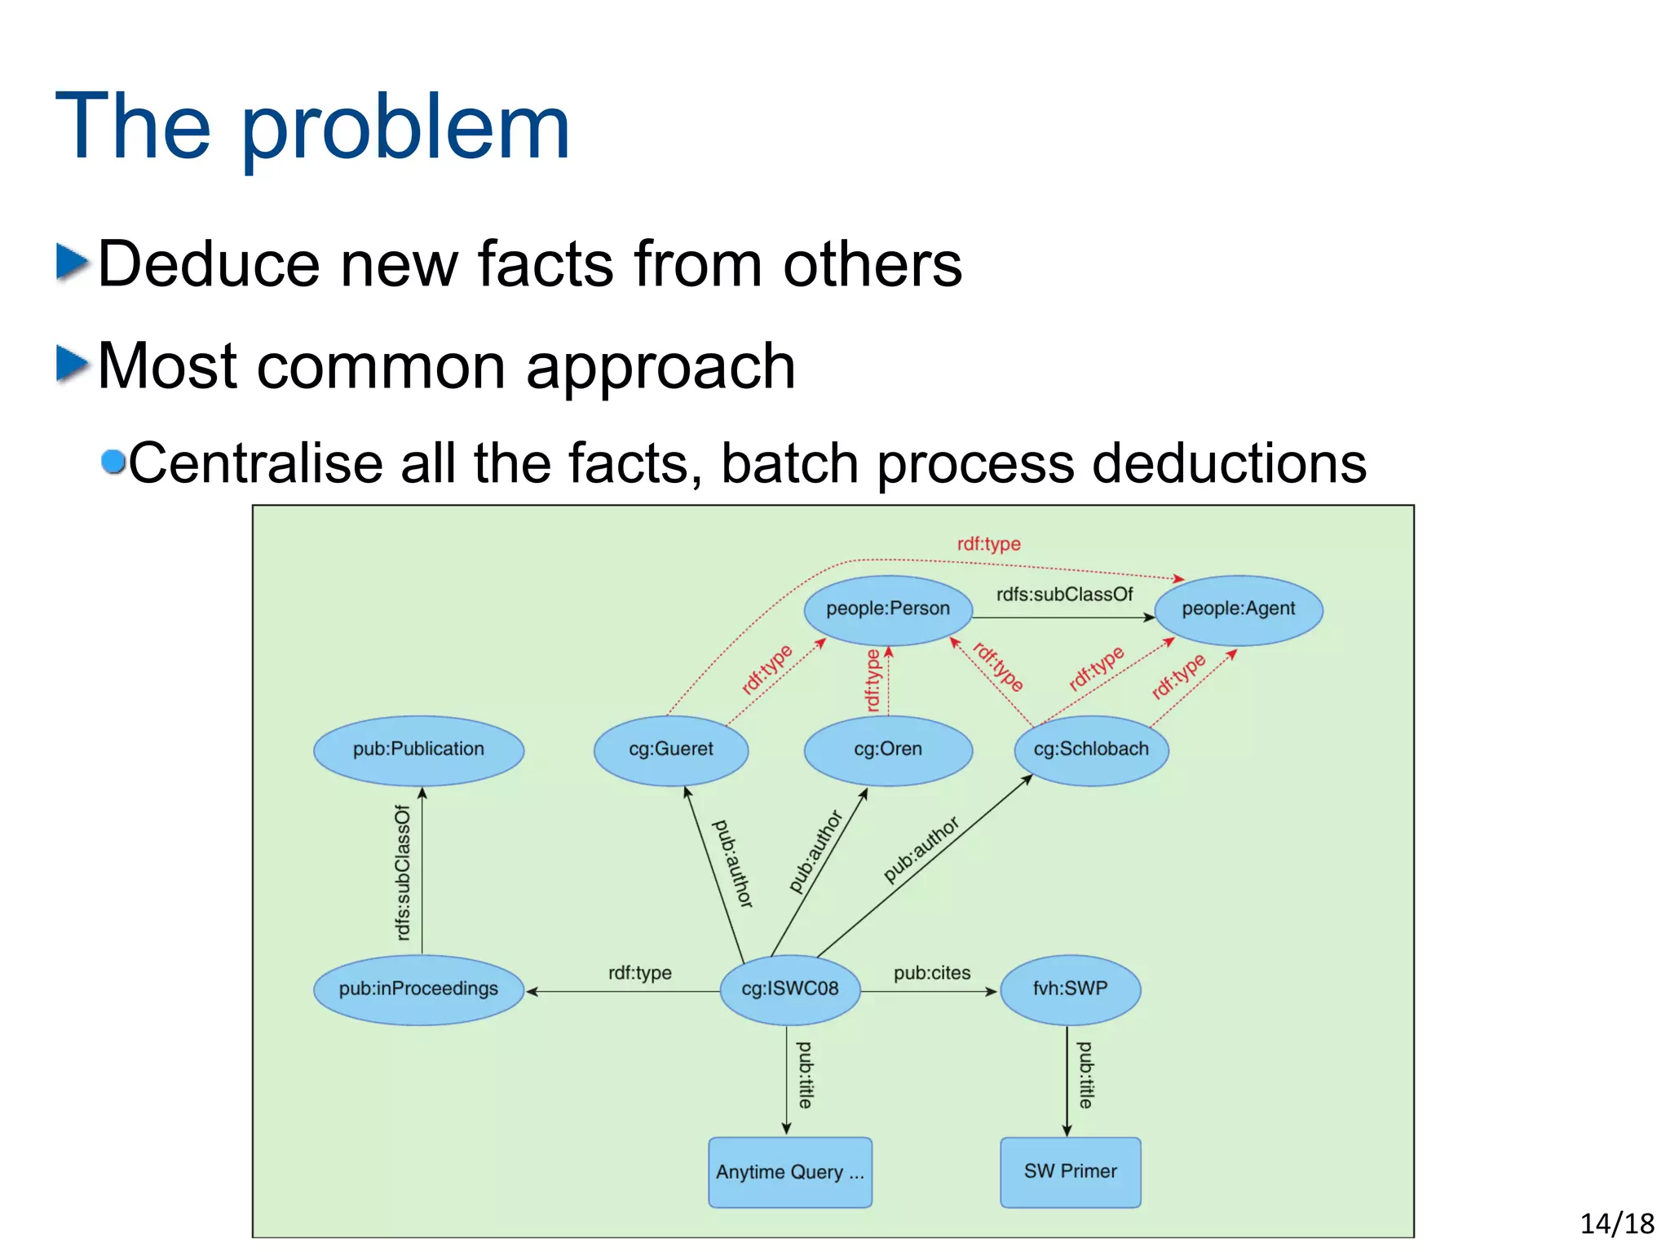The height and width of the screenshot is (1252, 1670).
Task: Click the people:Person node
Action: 888,609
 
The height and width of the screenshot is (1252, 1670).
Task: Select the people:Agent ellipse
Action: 1238,609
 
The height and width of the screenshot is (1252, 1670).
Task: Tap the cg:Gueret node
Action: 670,750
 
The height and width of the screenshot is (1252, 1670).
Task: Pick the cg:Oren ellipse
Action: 888,750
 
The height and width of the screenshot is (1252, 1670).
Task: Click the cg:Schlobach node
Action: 1091,750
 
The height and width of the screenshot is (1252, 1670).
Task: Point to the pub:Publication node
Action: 418,750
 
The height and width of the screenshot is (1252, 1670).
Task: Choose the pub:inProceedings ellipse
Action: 418,989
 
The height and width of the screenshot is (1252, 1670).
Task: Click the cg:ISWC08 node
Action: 789,989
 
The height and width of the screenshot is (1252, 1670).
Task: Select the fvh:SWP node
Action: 1070,989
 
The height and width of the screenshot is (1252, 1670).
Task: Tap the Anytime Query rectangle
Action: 789,1172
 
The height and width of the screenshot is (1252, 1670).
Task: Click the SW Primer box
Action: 1070,1172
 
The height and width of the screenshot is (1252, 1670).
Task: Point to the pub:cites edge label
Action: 932,973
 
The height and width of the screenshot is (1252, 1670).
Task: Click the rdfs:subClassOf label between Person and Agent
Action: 1064,595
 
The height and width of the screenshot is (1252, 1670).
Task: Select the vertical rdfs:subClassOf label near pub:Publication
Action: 403,873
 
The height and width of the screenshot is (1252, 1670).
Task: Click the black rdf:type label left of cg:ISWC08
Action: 639,973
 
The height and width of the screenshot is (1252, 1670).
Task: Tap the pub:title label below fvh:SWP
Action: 1085,1075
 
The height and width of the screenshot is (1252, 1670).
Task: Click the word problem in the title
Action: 405,129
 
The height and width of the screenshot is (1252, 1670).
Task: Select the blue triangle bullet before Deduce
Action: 72,263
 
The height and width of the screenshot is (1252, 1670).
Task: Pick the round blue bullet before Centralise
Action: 113,462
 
